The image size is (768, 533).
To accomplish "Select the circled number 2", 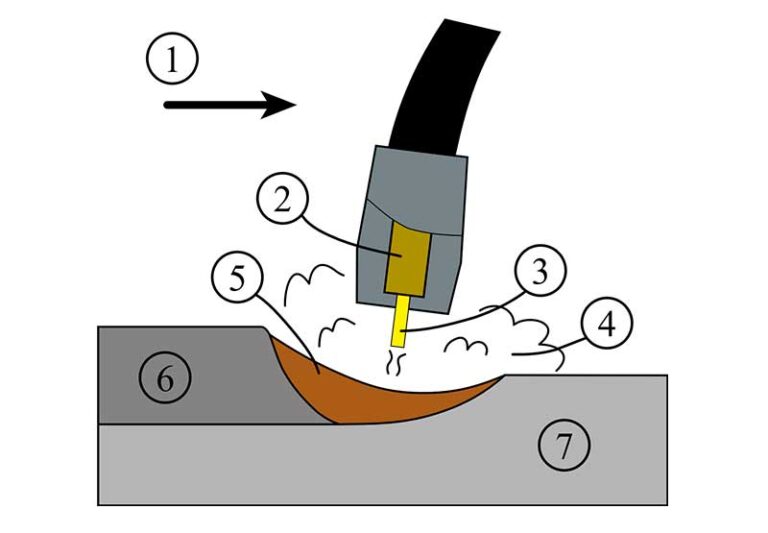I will (x=283, y=201).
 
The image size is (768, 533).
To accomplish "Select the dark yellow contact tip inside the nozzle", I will (x=406, y=255).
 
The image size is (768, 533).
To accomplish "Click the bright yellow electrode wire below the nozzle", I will (x=401, y=319).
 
